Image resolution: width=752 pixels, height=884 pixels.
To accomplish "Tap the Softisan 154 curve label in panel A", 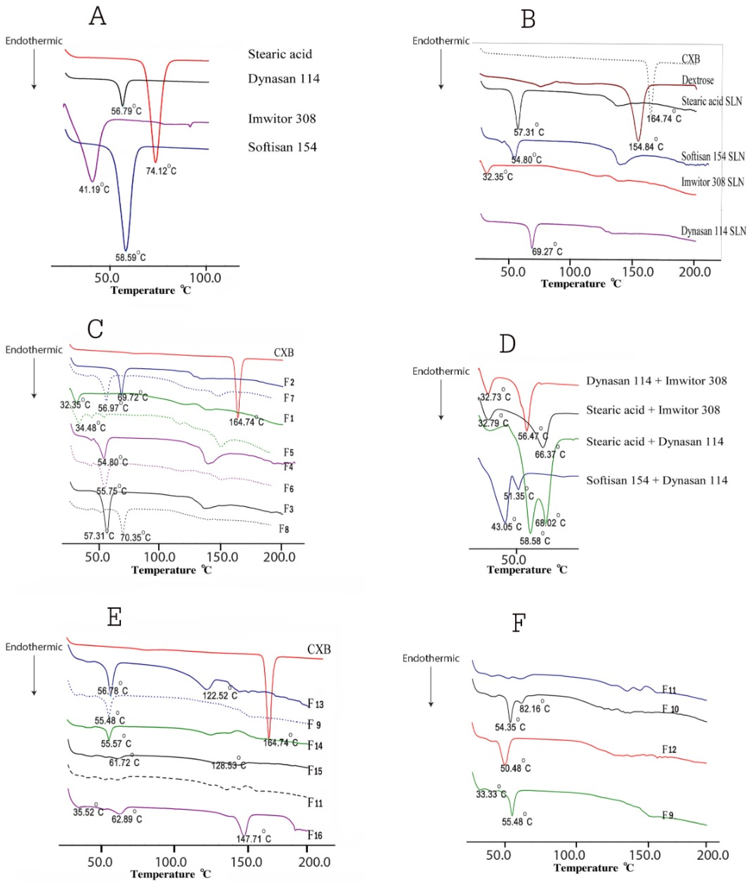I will (x=282, y=147).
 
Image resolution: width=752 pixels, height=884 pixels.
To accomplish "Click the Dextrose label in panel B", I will (x=697, y=80).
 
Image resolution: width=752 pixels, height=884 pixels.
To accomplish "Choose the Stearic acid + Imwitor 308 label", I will (x=653, y=410).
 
